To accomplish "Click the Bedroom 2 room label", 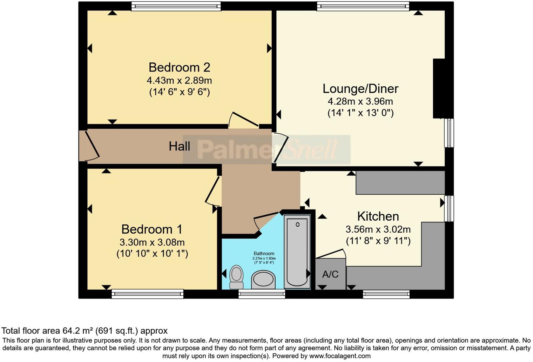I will (x=179, y=67).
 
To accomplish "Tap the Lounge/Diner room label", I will (x=360, y=88).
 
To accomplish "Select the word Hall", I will (x=179, y=146).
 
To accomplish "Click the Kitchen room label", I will (x=378, y=216).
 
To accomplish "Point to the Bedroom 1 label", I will (x=152, y=229).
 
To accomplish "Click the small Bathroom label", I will (x=264, y=253).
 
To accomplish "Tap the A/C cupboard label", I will (x=330, y=274).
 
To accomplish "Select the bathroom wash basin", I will (x=263, y=280).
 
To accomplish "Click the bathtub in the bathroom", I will (x=297, y=252).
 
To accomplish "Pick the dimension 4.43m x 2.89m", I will (x=179, y=80).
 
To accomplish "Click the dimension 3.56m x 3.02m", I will (x=378, y=229).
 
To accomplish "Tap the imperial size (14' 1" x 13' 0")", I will (x=360, y=113).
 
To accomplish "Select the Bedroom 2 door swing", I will (x=244, y=120).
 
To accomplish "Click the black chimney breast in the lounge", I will (x=439, y=88).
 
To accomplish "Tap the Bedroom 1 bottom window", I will (x=147, y=294).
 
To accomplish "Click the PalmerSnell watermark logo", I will (x=266, y=149).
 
